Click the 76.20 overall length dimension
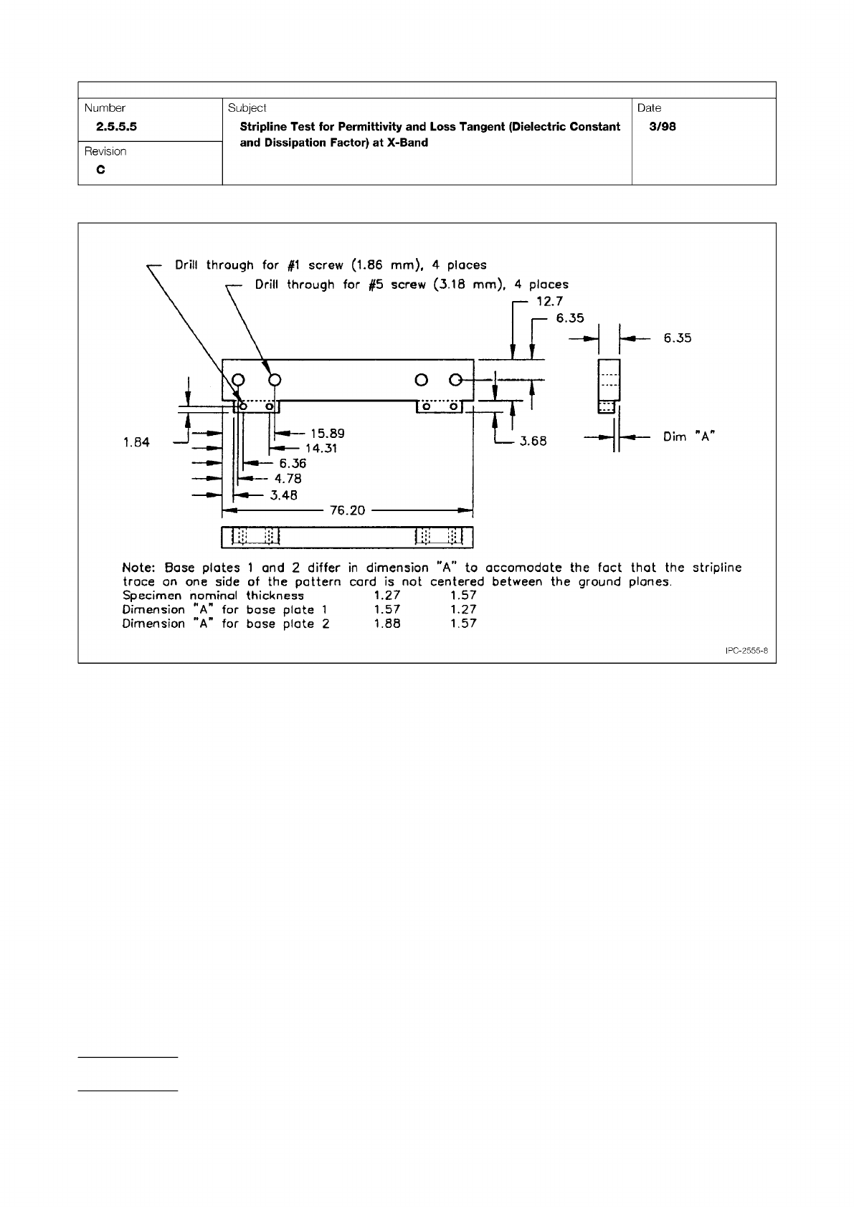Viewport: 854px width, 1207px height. point(347,510)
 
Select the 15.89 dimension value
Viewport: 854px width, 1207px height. point(327,434)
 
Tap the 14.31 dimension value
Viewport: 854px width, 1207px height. point(321,449)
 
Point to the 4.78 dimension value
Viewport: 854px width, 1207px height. point(288,479)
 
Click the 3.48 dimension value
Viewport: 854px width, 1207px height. point(283,495)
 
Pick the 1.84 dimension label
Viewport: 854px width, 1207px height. point(136,442)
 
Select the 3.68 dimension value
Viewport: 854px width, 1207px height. point(533,441)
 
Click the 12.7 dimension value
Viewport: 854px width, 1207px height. point(549,302)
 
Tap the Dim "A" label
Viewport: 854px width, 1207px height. point(689,436)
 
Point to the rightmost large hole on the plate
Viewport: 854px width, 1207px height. point(455,379)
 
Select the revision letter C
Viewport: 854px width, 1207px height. point(100,170)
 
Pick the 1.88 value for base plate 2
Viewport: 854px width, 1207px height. point(387,624)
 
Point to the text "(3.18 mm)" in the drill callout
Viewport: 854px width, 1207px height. point(469,285)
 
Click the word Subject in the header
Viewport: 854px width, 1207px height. point(247,108)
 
